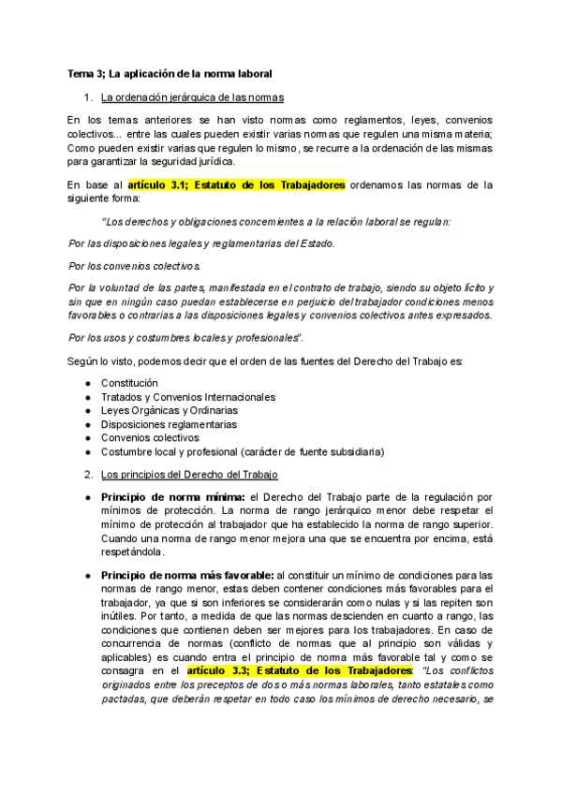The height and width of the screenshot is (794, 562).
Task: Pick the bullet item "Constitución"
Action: [129, 384]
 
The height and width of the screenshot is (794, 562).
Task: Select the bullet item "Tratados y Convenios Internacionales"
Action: [187, 397]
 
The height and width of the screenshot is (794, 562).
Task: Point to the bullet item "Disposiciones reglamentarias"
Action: [169, 424]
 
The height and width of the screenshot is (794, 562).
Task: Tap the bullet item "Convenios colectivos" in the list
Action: [150, 437]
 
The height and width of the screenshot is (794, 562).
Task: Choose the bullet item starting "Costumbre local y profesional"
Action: [242, 451]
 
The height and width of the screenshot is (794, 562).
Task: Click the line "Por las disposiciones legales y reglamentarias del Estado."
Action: [201, 243]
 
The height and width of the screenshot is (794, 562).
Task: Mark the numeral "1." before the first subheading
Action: [89, 96]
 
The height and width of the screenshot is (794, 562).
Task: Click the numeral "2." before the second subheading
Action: [89, 475]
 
